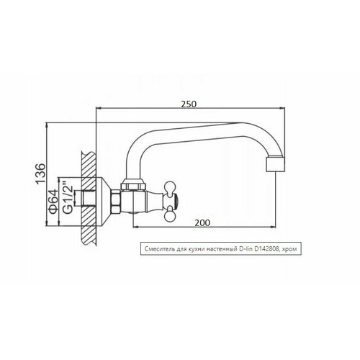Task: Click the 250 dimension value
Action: click(189, 104)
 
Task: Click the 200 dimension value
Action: click(202, 223)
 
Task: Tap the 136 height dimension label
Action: click(40, 174)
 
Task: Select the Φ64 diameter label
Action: click(53, 202)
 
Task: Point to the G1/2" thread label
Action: click(68, 199)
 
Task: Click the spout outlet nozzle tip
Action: click(276, 164)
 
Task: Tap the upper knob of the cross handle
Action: click(170, 187)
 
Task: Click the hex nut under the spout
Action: click(134, 186)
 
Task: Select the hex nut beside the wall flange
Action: click(115, 201)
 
